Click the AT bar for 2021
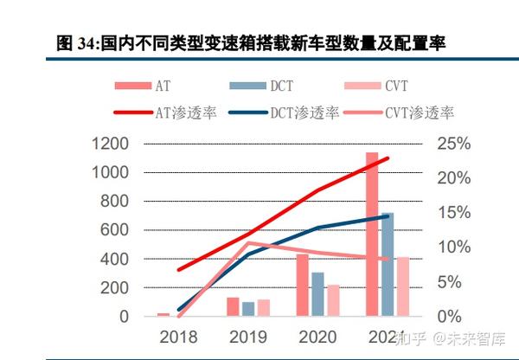372,234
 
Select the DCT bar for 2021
388,264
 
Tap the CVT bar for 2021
403,286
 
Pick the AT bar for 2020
303,285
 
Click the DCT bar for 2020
318,294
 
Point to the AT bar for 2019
233,307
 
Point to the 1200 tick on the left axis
110,144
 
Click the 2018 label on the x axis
178,336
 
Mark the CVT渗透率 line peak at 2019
248,243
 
